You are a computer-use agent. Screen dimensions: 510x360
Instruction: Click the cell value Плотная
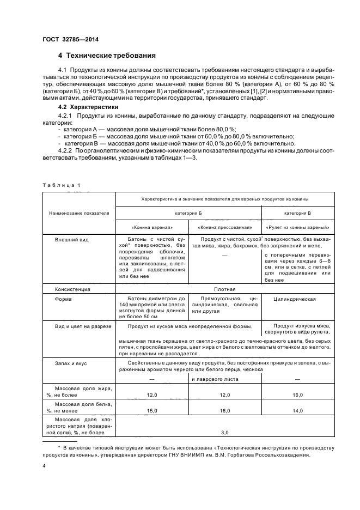click(x=225, y=289)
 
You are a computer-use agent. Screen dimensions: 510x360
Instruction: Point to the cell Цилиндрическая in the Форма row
click(x=297, y=299)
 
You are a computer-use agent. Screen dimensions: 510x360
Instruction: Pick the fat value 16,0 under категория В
click(x=298, y=393)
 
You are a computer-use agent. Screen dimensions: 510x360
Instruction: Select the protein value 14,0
click(x=298, y=410)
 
